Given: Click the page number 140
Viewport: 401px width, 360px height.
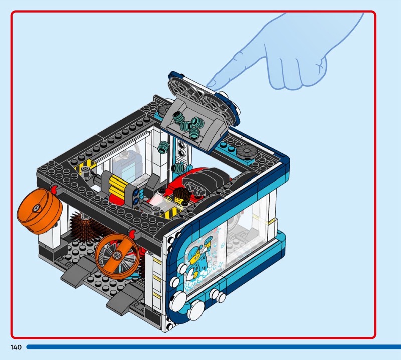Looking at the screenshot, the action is pyautogui.click(x=16, y=347).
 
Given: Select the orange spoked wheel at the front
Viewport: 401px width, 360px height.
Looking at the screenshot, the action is pyautogui.click(x=118, y=256).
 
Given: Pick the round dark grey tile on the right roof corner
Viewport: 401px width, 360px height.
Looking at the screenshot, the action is pyautogui.click(x=247, y=152).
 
